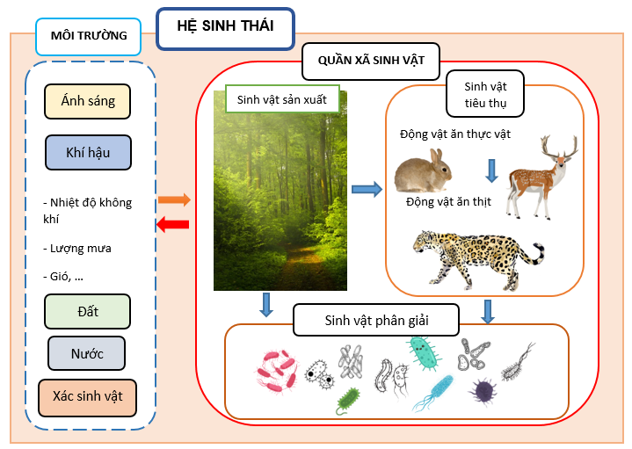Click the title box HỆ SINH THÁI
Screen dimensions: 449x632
225,27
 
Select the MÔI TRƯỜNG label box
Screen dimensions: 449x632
88,37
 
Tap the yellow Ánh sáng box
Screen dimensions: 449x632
87,102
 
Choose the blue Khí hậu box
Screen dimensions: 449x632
88,152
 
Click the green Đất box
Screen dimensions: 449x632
87,311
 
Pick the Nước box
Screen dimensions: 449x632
87,354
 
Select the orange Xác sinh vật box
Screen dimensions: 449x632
87,397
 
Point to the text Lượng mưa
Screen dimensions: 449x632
81,249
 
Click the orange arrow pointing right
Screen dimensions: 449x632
174,200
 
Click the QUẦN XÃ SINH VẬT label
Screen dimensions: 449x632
371,62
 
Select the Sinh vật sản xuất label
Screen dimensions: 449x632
281,100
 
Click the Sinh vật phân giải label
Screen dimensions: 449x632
377,318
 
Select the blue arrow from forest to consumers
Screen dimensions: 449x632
366,188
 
